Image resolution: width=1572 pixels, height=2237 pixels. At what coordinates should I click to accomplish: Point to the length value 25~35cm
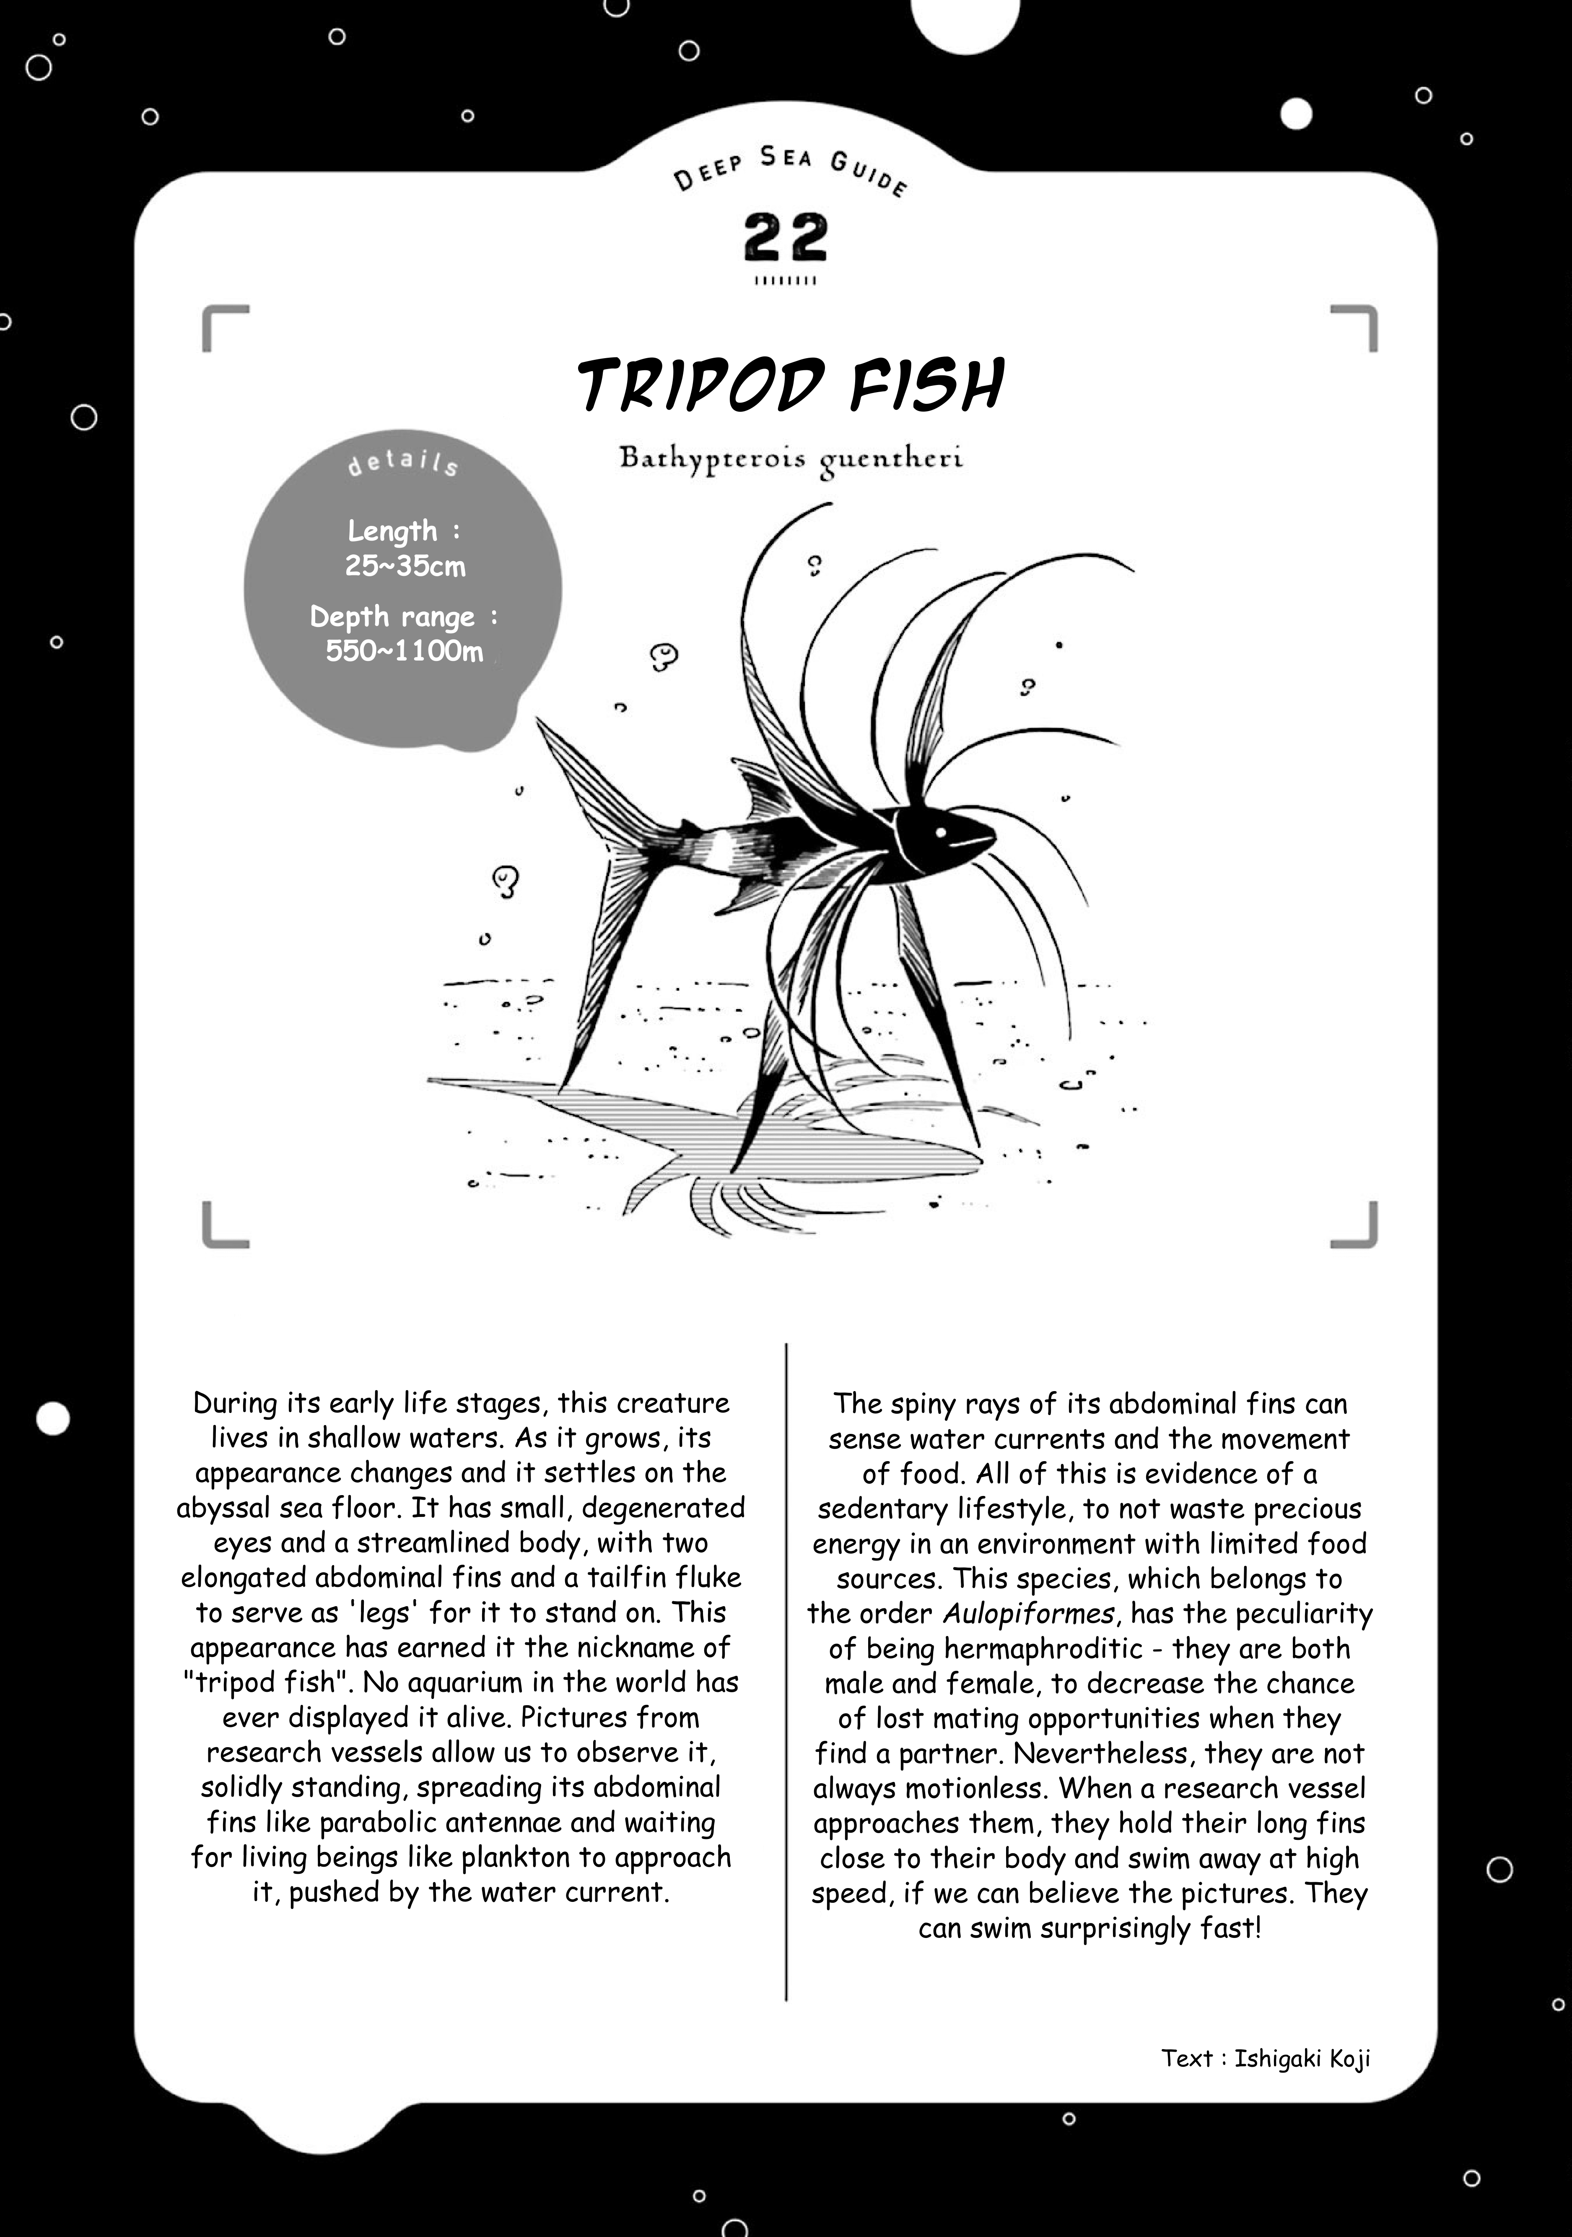click(405, 566)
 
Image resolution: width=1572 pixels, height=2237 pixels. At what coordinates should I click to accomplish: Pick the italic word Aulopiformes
click(1027, 1613)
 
